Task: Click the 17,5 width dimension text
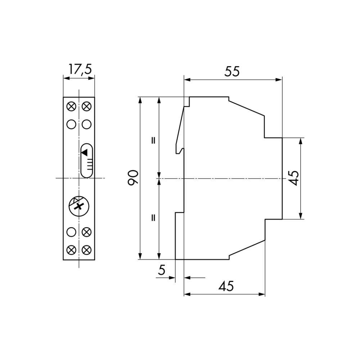click(80, 69)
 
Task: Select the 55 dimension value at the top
click(232, 72)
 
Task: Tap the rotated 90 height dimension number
click(133, 177)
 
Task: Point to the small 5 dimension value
click(162, 270)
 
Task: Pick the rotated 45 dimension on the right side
click(294, 178)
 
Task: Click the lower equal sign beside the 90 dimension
click(153, 217)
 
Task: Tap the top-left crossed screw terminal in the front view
click(72, 107)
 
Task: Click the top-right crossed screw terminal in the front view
click(86, 107)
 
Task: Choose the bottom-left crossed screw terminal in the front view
click(72, 249)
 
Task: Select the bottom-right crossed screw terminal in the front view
click(86, 249)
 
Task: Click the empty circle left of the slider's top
click(72, 124)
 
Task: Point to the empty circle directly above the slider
click(86, 124)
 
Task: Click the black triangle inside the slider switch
click(85, 152)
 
